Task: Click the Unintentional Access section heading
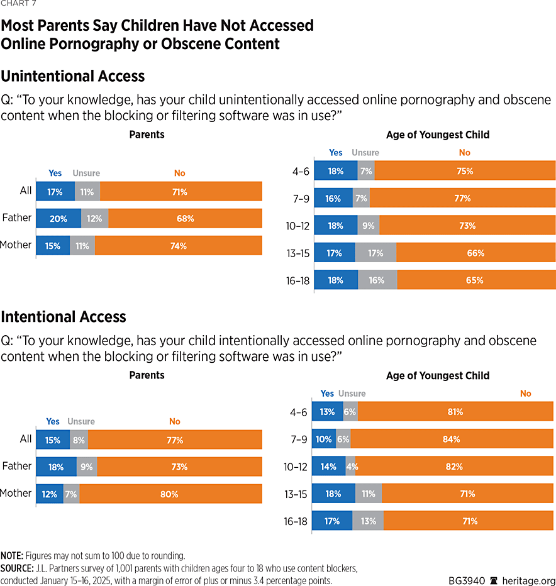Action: pos(73,76)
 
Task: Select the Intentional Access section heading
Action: pos(64,316)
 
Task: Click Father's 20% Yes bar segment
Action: pos(58,219)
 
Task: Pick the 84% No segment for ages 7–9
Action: pos(452,439)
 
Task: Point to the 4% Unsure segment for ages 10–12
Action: pos(350,467)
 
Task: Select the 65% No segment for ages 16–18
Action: pos(476,280)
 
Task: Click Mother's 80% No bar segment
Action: pos(170,494)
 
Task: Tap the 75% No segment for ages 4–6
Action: pos(465,171)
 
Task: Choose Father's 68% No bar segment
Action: pos(185,219)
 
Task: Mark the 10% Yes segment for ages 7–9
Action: pos(324,439)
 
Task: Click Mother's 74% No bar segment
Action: pos(179,246)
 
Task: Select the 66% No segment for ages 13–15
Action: pos(475,253)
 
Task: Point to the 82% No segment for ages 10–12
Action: pos(454,467)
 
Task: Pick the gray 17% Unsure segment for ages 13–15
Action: pos(375,253)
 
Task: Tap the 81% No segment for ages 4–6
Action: pos(455,412)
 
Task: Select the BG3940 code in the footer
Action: pos(467,580)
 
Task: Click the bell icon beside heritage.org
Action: pos(495,580)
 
